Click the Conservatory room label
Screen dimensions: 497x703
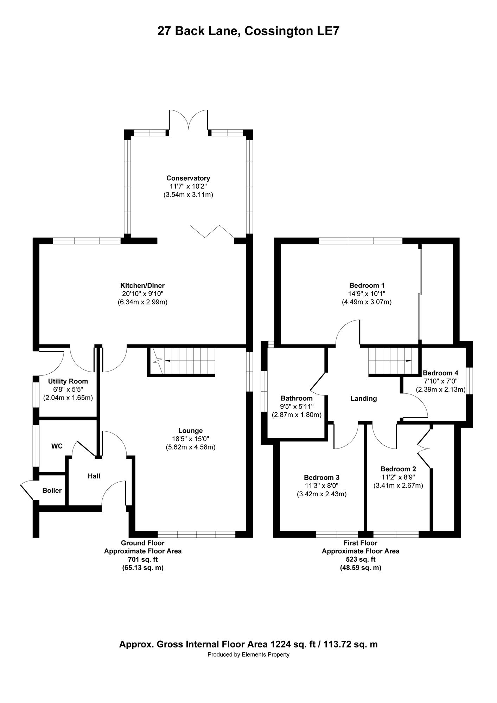188,178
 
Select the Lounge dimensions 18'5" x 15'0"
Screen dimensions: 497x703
190,439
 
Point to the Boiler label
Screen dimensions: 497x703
52,490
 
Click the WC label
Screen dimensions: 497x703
57,446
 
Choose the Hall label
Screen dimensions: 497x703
94,476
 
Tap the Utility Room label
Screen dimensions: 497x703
68,381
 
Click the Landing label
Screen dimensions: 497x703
364,399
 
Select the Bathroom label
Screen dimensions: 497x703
297,398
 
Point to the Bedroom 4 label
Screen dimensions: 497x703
440,373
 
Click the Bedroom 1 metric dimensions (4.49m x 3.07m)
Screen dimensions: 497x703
367,302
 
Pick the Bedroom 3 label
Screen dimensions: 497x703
321,477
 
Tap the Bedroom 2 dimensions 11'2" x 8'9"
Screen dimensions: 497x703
398,477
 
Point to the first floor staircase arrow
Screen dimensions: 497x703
390,361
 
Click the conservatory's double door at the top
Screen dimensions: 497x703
189,120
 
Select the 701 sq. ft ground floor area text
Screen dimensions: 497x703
143,560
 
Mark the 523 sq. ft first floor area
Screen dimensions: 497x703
361,559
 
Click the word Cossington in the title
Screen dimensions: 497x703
275,31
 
